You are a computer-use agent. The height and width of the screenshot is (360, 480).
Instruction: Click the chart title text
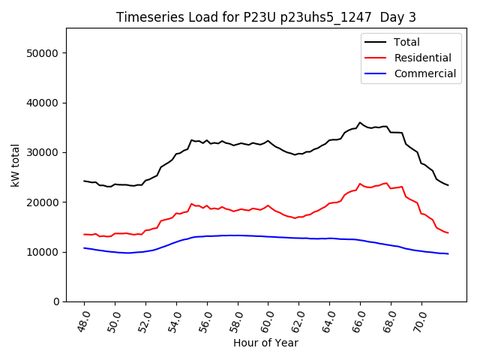[x=266, y=16]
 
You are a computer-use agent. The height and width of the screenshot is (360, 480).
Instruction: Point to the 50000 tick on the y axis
[x=44, y=53]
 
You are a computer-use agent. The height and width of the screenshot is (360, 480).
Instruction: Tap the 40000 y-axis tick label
[x=44, y=103]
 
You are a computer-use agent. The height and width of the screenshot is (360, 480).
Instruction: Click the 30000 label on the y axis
[x=44, y=152]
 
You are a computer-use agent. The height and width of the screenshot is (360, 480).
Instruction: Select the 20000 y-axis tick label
[x=44, y=202]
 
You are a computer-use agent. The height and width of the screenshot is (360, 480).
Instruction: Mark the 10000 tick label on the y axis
[x=44, y=252]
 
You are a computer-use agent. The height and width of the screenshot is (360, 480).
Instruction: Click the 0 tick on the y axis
[x=56, y=301]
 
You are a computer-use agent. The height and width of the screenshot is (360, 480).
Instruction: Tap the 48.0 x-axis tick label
[x=82, y=320]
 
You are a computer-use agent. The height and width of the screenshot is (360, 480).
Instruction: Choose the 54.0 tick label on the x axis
[x=174, y=320]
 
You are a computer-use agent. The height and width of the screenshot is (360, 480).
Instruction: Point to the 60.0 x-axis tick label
[x=266, y=320]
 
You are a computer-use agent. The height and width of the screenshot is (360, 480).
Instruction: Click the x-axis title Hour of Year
[x=265, y=343]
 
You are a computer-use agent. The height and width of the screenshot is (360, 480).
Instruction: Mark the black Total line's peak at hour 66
[x=360, y=122]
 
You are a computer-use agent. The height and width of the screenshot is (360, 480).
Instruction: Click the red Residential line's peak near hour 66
[x=360, y=183]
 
